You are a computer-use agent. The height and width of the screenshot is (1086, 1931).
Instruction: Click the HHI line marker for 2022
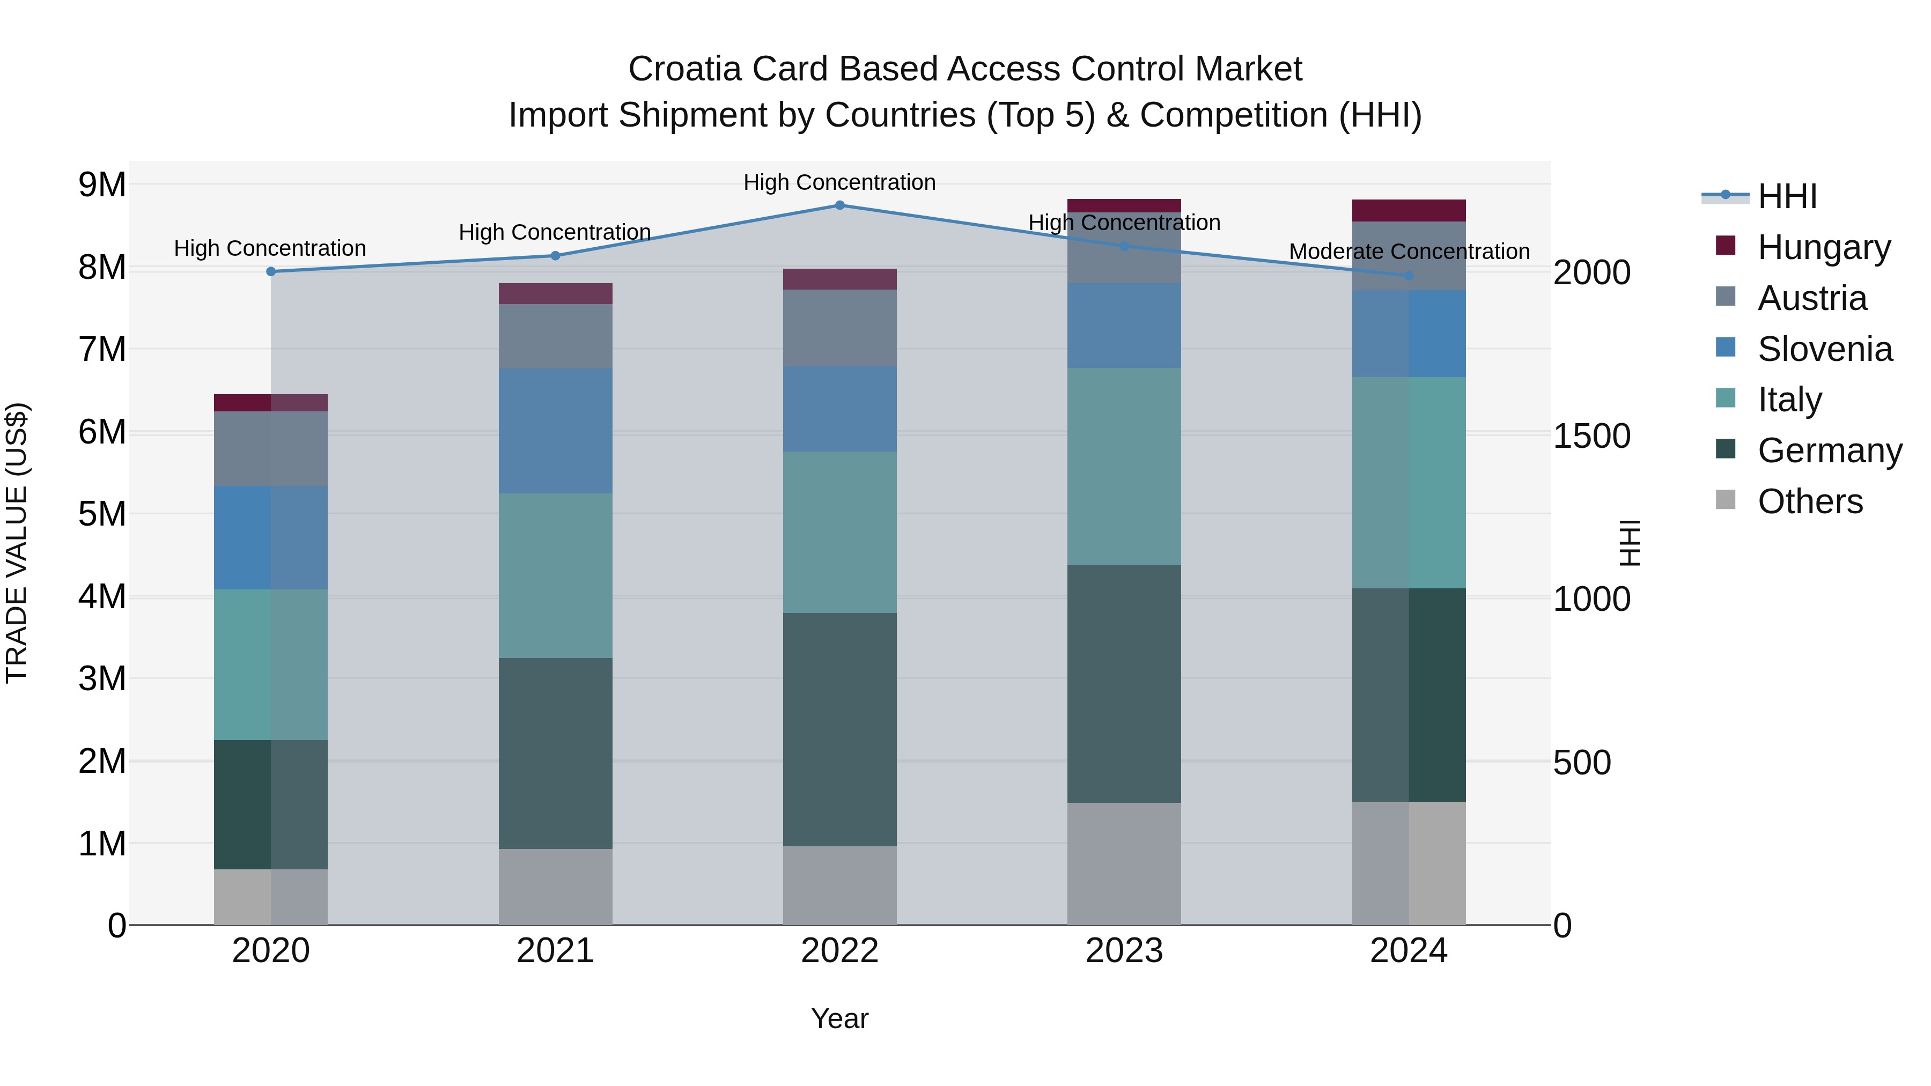pyautogui.click(x=839, y=205)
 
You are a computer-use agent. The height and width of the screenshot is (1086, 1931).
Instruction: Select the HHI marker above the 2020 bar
pyautogui.click(x=271, y=271)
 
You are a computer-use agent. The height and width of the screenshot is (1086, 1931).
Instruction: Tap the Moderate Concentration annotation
pyautogui.click(x=1409, y=252)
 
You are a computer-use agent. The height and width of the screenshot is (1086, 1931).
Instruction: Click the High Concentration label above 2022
pyautogui.click(x=839, y=182)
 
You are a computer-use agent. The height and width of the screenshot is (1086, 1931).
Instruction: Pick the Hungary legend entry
pyautogui.click(x=1823, y=247)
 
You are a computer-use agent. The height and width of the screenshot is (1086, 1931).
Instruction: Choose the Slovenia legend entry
pyautogui.click(x=1825, y=349)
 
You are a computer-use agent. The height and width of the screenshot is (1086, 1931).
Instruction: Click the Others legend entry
pyautogui.click(x=1810, y=501)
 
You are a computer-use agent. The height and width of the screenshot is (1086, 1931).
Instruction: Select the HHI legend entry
pyautogui.click(x=1787, y=196)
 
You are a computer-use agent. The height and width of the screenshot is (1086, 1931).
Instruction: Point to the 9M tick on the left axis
pyautogui.click(x=102, y=184)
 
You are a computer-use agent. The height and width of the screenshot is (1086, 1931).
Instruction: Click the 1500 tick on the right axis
pyautogui.click(x=1591, y=436)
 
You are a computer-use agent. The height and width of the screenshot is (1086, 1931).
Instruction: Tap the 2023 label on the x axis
pyautogui.click(x=1124, y=951)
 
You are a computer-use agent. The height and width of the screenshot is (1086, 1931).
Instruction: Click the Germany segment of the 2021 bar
pyautogui.click(x=556, y=753)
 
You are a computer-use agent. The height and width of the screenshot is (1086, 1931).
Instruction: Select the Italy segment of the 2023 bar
pyautogui.click(x=1124, y=466)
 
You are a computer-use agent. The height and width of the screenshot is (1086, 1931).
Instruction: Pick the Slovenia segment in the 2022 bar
pyautogui.click(x=839, y=409)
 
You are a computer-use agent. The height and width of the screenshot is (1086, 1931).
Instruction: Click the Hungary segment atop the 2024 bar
pyautogui.click(x=1409, y=211)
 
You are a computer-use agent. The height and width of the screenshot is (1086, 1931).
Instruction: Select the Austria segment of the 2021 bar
pyautogui.click(x=556, y=336)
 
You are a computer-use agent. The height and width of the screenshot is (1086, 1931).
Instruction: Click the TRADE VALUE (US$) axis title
pyautogui.click(x=17, y=543)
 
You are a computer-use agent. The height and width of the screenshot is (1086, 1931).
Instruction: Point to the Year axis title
pyautogui.click(x=839, y=1018)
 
